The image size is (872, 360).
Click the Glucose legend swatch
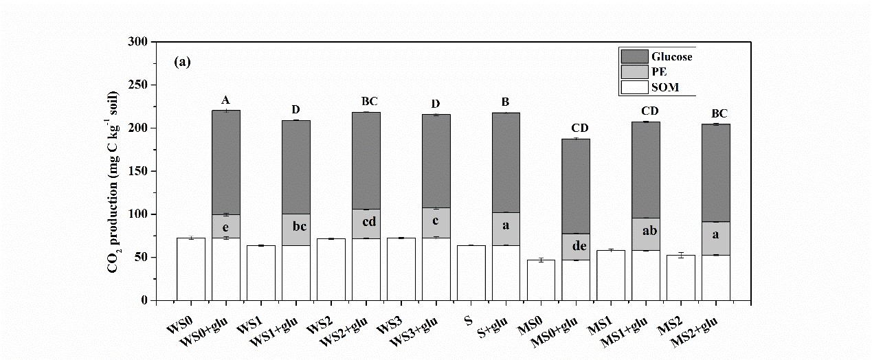pos(634,56)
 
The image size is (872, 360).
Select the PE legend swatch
pos(634,71)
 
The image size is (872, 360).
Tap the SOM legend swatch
pos(634,87)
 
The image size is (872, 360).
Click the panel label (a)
pos(183,63)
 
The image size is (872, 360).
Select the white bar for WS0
pos(191,269)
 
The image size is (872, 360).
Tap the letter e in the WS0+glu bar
pos(226,226)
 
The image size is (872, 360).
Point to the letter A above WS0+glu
pos(226,102)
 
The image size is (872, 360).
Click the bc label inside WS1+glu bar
pos(295,227)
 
